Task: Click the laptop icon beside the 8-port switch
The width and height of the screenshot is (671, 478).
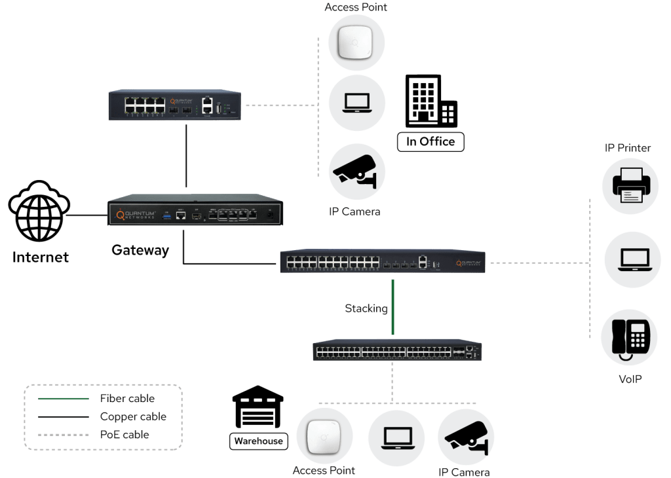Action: coord(357,103)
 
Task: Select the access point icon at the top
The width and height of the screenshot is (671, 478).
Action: coord(357,43)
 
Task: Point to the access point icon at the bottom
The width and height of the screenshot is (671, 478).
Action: coord(325,435)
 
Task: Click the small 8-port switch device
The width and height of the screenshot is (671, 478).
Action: coord(175,104)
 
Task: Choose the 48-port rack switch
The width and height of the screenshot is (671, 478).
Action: coord(398,351)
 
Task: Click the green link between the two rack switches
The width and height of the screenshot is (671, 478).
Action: coord(393,308)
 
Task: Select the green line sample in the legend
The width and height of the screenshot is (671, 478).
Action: coord(63,398)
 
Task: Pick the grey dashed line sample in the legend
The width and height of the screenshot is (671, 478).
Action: coord(63,433)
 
